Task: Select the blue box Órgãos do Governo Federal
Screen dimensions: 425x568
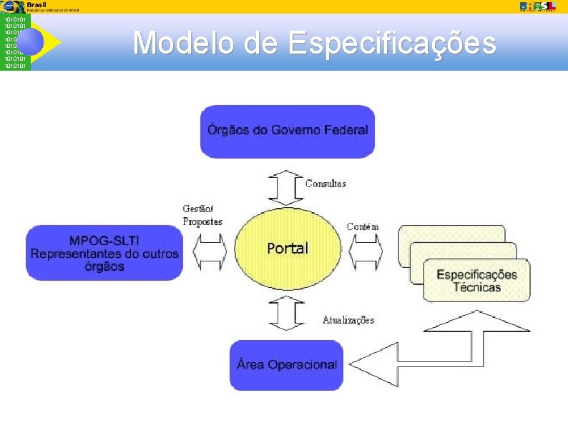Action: [288, 131]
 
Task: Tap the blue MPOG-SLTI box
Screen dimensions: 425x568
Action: [104, 252]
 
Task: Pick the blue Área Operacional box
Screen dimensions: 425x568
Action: [287, 364]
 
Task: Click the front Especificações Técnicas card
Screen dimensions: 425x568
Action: [476, 280]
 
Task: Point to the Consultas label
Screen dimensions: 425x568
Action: [325, 184]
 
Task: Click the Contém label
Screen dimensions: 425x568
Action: [363, 227]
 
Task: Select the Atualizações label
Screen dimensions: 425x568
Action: [348, 320]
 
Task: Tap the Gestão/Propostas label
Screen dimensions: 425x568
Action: [202, 215]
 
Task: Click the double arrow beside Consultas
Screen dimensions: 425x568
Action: [287, 186]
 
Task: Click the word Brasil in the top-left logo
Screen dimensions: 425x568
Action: [36, 4]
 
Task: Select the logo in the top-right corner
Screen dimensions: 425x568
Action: [537, 6]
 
